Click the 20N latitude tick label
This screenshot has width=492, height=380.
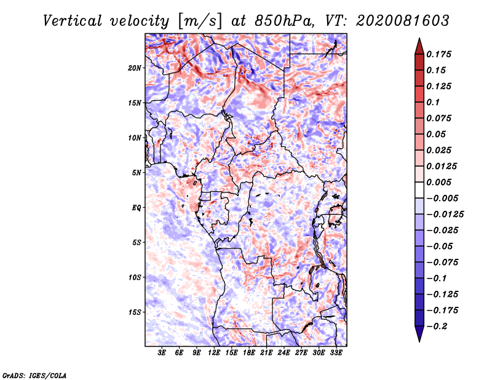[x=135, y=68]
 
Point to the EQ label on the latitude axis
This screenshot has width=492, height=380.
[x=137, y=208]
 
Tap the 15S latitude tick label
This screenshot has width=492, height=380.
[x=135, y=312]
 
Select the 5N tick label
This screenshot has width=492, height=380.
[x=137, y=173]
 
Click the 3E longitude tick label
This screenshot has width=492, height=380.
[x=162, y=352]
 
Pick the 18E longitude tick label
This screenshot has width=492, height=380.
[x=249, y=352]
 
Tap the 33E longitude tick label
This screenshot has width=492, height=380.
[x=336, y=352]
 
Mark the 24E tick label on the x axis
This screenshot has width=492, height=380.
[x=284, y=352]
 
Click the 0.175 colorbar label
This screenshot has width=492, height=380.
[x=438, y=54]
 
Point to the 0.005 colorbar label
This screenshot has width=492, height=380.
[x=438, y=182]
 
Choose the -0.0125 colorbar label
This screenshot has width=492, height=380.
[x=445, y=215]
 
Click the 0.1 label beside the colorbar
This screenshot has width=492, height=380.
[x=433, y=102]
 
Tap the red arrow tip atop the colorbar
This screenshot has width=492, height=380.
[x=419, y=39]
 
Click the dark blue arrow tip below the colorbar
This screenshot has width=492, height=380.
[x=419, y=341]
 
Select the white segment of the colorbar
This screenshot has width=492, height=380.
[x=419, y=190]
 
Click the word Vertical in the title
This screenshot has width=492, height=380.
[x=73, y=21]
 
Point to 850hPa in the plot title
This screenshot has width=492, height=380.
[x=284, y=21]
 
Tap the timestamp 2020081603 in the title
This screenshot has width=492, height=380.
[x=403, y=21]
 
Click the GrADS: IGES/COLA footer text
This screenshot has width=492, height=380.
[x=34, y=375]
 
